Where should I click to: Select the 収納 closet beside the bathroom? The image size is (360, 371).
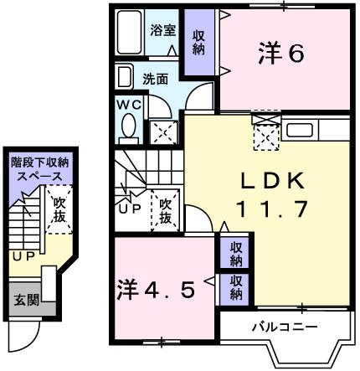(198, 42)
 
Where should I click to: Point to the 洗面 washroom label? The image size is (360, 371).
(154, 80)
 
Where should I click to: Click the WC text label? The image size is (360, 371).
(128, 106)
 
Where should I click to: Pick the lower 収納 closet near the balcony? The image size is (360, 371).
(236, 286)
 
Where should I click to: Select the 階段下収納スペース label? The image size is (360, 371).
(40, 169)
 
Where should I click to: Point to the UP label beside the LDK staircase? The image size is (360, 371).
(129, 209)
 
